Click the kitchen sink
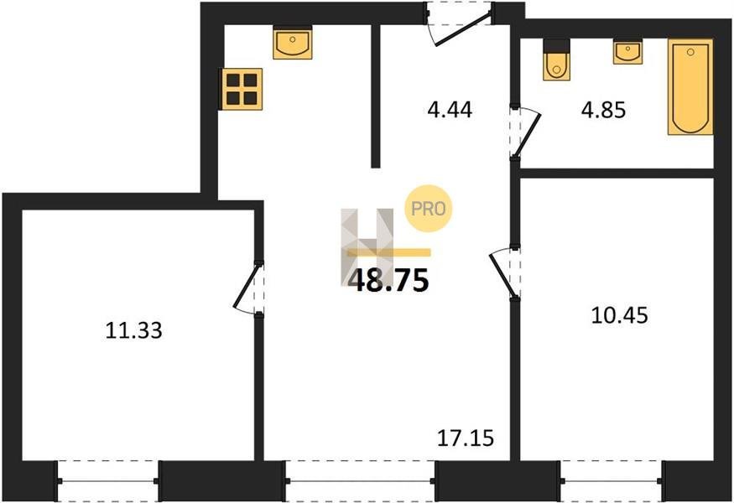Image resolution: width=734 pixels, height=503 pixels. pyautogui.click(x=293, y=43)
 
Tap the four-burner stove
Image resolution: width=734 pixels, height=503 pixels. pyautogui.click(x=242, y=89)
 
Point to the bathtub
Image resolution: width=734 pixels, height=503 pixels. pyautogui.click(x=690, y=87)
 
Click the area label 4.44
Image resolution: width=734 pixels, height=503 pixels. pyautogui.click(x=450, y=110)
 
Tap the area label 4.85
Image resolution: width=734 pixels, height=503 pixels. pyautogui.click(x=603, y=111)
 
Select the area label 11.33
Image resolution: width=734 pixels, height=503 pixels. pyautogui.click(x=134, y=330)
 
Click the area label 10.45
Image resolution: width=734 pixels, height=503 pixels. pyautogui.click(x=620, y=315)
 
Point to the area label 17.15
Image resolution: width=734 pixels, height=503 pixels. pyautogui.click(x=466, y=438)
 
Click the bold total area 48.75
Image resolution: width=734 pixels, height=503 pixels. pyautogui.click(x=389, y=281)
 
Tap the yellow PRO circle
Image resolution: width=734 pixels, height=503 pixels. pyautogui.click(x=429, y=209)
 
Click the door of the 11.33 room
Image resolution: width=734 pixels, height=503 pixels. pyautogui.click(x=248, y=288)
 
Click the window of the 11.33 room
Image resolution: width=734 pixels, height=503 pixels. pyautogui.click(x=107, y=481)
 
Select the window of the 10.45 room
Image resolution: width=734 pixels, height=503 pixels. pyautogui.click(x=612, y=481)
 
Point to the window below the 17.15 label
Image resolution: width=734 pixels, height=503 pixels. pyautogui.click(x=361, y=481)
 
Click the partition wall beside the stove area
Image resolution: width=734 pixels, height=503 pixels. pyautogui.click(x=376, y=96)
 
